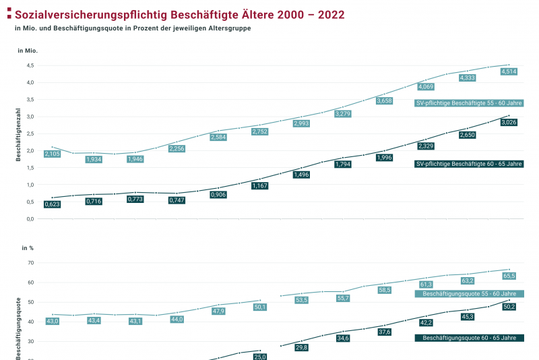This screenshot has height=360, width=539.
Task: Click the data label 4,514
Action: [x=509, y=71]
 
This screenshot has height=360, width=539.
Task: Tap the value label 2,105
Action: [x=53, y=154]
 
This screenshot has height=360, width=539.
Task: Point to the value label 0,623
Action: [x=53, y=204]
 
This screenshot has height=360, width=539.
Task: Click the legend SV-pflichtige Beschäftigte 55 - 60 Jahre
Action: [x=469, y=103]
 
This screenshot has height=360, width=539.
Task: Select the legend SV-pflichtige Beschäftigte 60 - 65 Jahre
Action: [x=469, y=164]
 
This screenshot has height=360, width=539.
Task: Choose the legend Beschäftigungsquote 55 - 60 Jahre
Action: [x=469, y=294]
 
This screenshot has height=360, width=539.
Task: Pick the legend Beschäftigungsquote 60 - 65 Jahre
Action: [x=469, y=338]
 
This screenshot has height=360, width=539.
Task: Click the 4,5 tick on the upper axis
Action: [x=30, y=65]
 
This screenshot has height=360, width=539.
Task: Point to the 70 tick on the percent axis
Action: [x=30, y=263]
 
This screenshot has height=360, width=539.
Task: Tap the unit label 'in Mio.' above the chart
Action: [x=28, y=51]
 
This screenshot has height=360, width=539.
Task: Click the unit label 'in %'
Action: [x=28, y=248]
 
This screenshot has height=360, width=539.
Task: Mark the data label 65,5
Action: [x=509, y=276]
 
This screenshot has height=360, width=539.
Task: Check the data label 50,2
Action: [x=509, y=307]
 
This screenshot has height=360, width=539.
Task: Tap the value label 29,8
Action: [x=301, y=347]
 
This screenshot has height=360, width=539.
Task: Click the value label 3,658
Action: [x=384, y=100]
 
